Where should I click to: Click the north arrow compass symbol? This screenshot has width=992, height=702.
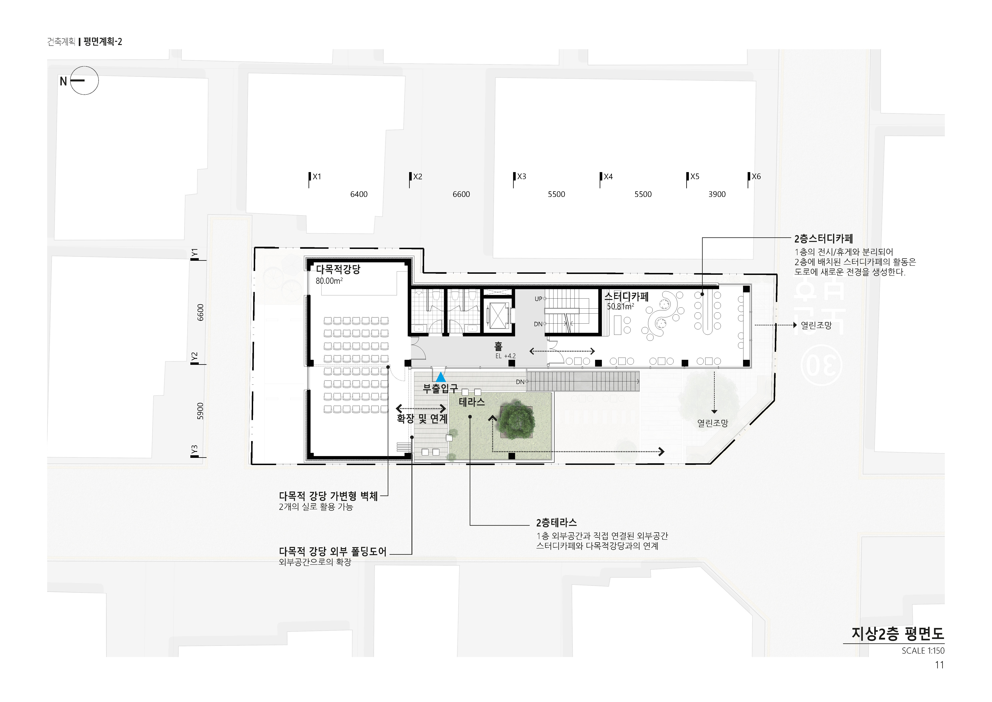point(84,80)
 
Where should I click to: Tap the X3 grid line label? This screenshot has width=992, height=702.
point(521,176)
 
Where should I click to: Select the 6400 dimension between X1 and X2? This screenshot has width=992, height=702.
point(359,194)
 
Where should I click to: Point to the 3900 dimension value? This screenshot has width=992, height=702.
point(717,194)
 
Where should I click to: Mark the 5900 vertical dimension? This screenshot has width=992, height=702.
point(200,411)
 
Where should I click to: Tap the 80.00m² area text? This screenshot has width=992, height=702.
point(329,281)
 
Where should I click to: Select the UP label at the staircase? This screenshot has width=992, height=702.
point(538,299)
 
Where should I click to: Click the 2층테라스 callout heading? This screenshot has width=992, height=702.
point(556,523)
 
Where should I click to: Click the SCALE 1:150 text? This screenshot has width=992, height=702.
point(923,651)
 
